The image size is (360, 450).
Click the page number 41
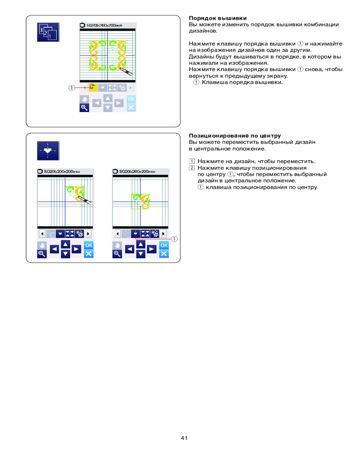184,438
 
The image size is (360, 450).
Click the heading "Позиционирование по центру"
235,135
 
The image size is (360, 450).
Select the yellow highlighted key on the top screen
93,88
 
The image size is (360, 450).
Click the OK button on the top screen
131,99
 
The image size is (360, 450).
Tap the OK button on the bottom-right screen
164,245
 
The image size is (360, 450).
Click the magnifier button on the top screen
84,107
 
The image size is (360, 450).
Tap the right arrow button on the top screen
119,103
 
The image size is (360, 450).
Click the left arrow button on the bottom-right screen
130,248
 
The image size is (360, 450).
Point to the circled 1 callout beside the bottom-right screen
175,239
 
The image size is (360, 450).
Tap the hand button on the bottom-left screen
42,245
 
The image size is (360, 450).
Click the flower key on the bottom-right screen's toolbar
155,234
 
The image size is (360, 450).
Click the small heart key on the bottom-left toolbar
60,234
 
